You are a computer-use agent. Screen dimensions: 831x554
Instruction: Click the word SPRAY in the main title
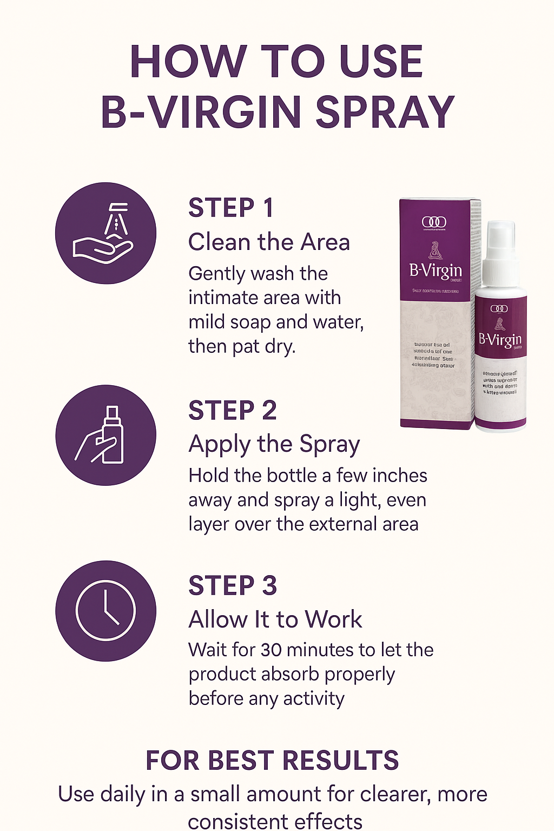click(385, 113)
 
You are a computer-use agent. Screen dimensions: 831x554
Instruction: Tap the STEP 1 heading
click(231, 208)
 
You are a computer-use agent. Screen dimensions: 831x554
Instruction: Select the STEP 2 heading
click(233, 411)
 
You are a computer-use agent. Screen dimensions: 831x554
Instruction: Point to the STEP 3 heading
click(233, 586)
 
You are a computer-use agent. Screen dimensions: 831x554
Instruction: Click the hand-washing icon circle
click(105, 233)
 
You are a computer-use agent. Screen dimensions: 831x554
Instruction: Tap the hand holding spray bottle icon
click(105, 435)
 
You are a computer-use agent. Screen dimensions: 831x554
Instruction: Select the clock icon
click(105, 611)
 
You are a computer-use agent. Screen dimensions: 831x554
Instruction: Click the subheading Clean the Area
click(269, 242)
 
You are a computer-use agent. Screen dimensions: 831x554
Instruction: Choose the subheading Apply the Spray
click(274, 444)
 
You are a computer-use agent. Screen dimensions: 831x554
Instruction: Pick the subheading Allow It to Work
click(275, 619)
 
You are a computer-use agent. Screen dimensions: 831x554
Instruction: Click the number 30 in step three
click(272, 650)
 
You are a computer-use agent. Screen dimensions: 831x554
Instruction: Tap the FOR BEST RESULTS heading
click(272, 760)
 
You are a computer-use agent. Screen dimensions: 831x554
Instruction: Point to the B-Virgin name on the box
click(436, 270)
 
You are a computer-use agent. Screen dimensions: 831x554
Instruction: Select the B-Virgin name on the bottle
click(500, 339)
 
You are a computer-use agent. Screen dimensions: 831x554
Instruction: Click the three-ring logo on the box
click(434, 222)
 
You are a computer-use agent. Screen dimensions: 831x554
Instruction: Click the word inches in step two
click(399, 476)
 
